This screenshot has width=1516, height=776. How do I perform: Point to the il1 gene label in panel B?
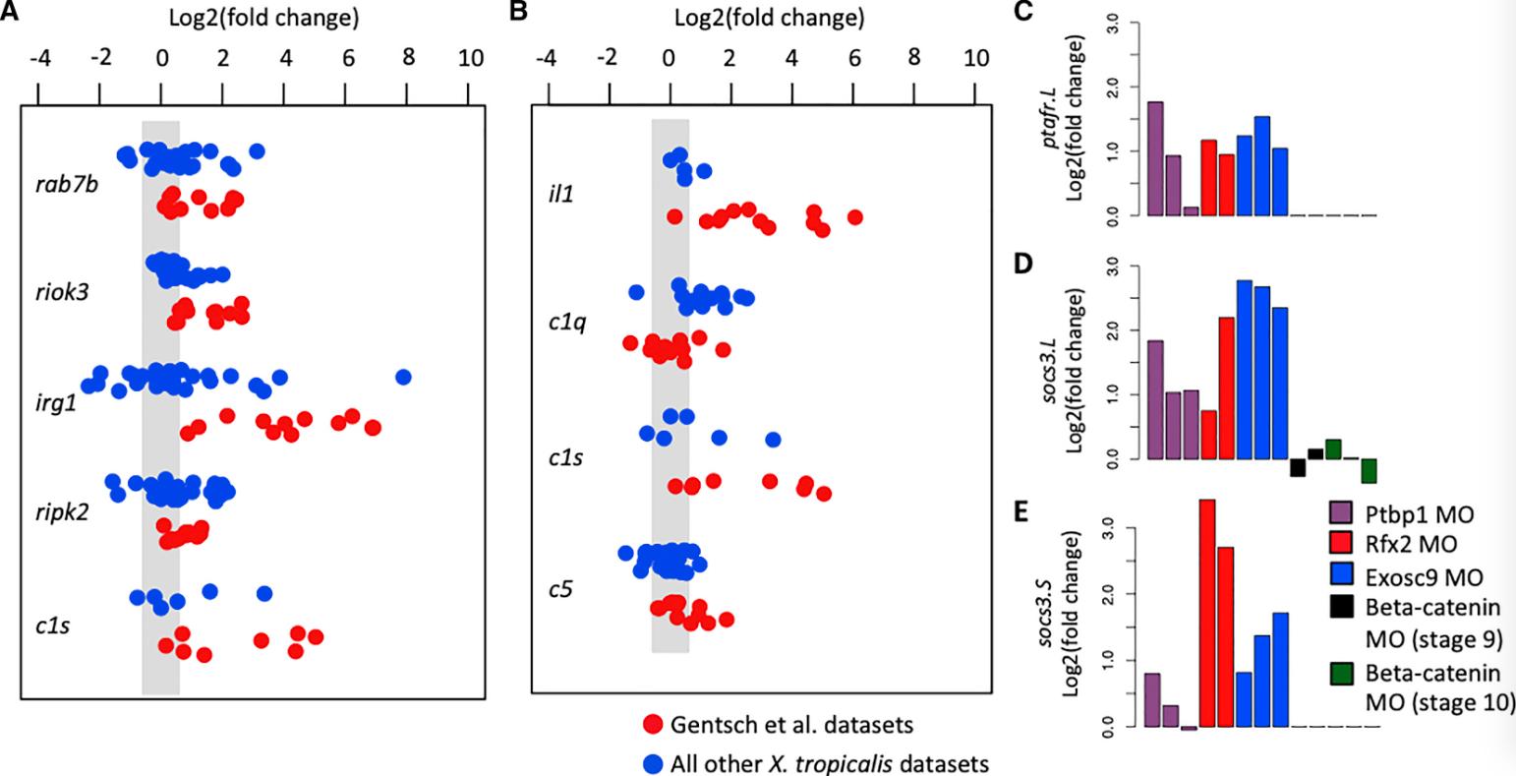[560, 193]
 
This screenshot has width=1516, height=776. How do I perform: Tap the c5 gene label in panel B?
[559, 589]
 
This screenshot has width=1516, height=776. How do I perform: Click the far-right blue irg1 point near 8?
[402, 377]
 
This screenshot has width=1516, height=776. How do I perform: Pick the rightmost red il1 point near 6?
[854, 216]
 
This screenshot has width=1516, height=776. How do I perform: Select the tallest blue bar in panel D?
[1244, 369]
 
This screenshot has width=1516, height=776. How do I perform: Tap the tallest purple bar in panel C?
[1155, 158]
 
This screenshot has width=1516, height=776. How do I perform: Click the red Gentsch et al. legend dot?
[653, 725]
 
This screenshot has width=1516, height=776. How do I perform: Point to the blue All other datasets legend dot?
[653, 762]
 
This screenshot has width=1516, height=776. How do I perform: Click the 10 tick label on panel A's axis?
[470, 57]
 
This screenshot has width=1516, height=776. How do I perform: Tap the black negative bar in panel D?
[1298, 468]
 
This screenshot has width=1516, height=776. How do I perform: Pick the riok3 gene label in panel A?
[49, 294]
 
